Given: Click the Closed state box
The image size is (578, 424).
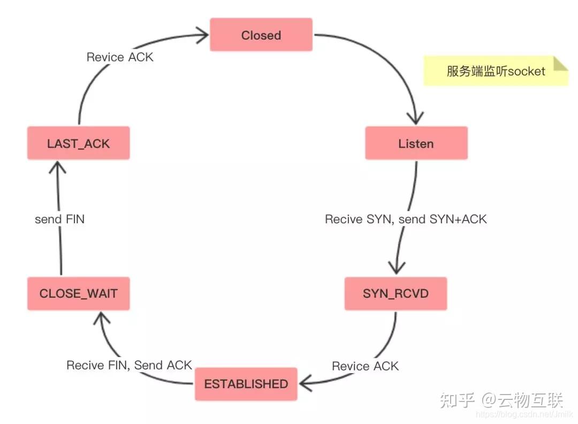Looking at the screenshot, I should [261, 35].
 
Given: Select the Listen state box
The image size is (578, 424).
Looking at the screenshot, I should [416, 143].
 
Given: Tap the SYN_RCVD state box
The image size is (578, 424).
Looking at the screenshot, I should [396, 293].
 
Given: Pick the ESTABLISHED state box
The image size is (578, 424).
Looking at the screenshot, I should [246, 384].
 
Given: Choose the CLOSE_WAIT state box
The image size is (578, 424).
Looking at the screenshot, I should [78, 293].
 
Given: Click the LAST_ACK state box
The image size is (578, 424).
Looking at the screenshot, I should [78, 143].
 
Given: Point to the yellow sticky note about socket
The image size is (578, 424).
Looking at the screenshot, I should [496, 71].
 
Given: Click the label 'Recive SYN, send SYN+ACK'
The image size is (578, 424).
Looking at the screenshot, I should [406, 219].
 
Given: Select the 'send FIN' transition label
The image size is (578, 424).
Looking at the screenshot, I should [59, 219].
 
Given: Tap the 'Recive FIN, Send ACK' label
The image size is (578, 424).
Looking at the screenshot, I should [129, 365].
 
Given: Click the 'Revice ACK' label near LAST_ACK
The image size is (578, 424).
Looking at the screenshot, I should [120, 57].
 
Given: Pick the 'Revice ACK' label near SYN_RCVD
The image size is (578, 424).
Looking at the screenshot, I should [365, 366].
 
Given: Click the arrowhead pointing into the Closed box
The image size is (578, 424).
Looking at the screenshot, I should [202, 36].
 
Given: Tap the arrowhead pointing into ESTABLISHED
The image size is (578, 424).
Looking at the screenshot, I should [307, 383].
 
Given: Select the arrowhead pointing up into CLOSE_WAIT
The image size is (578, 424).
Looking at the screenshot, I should [101, 320].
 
